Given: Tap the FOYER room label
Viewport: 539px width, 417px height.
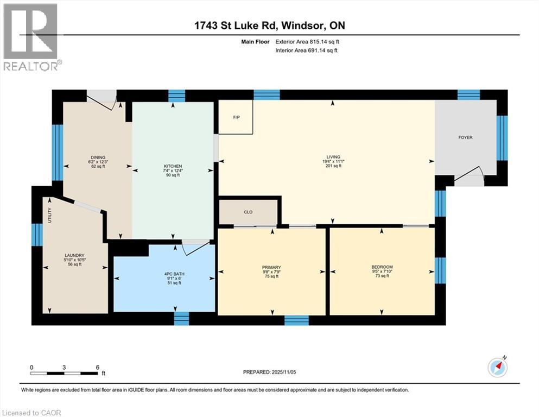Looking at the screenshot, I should (x=465, y=137).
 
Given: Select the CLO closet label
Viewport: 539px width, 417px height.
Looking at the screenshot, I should (x=249, y=212).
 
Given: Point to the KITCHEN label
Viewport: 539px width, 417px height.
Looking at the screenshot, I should (x=173, y=166).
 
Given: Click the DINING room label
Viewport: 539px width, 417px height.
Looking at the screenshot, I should (x=98, y=157).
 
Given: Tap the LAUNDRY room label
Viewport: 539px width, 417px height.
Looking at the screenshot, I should (x=73, y=255).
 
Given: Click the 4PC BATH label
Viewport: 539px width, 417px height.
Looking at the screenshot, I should (x=175, y=274).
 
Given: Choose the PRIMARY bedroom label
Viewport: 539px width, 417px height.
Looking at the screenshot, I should (x=271, y=267).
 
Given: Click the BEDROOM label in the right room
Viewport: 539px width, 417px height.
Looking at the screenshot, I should (x=382, y=267).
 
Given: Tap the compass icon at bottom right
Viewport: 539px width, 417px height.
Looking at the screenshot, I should (x=497, y=367).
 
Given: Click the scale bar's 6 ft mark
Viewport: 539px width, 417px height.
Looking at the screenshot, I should (x=97, y=368).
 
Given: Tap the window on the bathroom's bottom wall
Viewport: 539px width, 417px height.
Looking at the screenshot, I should (x=181, y=318).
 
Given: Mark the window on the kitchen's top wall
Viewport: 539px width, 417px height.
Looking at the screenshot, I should (x=177, y=96).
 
